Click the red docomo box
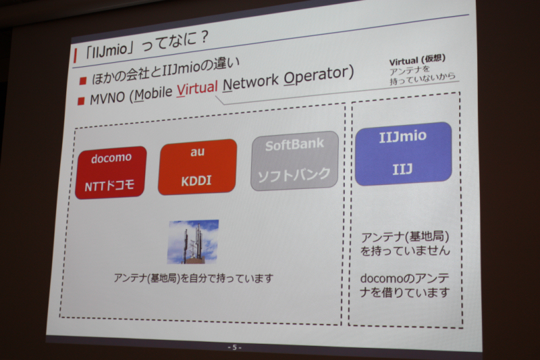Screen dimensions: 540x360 (111, 172)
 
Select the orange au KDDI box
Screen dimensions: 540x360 (197, 167)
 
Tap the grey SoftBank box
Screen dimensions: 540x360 (294, 161)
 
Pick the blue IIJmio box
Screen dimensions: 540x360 (403, 153)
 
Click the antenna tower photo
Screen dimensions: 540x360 (193, 242)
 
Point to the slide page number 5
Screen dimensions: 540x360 (234, 347)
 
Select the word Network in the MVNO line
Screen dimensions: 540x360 (250, 83)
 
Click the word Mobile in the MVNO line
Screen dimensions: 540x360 (153, 94)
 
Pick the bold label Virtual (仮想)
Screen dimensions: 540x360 (417, 60)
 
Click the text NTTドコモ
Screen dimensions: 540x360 (109, 186)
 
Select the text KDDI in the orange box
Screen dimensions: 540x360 (196, 181)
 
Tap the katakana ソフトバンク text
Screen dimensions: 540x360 (294, 176)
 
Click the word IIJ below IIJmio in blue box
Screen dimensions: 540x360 (402, 169)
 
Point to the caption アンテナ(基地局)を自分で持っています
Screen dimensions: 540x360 (194, 278)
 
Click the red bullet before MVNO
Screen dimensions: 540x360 (81, 101)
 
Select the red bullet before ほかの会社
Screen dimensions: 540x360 (82, 81)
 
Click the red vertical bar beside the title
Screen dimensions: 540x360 (75, 55)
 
